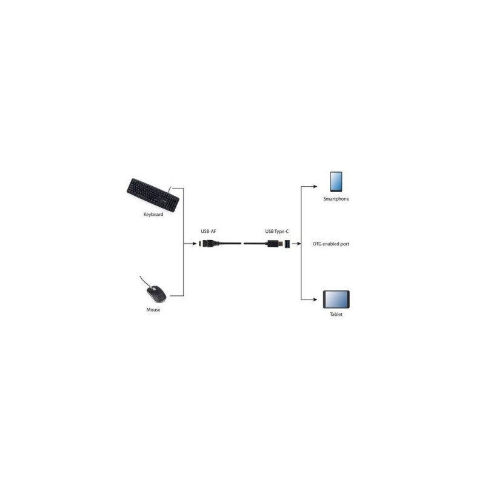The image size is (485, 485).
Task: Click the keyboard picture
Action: pyautogui.click(x=153, y=195)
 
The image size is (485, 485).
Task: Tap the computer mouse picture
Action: pyautogui.click(x=156, y=294)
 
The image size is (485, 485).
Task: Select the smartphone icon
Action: pyautogui.click(x=336, y=182)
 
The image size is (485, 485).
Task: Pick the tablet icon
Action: pyautogui.click(x=336, y=299)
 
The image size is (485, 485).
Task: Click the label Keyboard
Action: pyautogui.click(x=153, y=215)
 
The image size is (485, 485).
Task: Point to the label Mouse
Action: pyautogui.click(x=153, y=310)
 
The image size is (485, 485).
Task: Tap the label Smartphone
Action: pyautogui.click(x=336, y=199)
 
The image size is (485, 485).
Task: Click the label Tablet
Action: pyautogui.click(x=336, y=314)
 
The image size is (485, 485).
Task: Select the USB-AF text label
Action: pyautogui.click(x=208, y=232)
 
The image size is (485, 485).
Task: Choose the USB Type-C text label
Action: pyautogui.click(x=277, y=232)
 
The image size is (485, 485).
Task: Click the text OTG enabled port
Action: pyautogui.click(x=330, y=244)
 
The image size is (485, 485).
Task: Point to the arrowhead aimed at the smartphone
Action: pyautogui.click(x=315, y=187)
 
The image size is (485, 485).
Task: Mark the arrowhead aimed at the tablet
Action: pyautogui.click(x=315, y=299)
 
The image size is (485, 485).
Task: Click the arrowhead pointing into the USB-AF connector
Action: pyautogui.click(x=194, y=244)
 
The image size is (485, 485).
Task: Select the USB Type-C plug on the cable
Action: pyautogui.click(x=275, y=244)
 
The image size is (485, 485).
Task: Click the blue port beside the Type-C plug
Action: pyautogui.click(x=287, y=244)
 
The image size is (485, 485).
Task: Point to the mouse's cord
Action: pyautogui.click(x=145, y=281)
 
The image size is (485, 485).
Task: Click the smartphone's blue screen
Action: pyautogui.click(x=336, y=181)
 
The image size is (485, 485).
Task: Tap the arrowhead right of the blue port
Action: pyautogui.click(x=298, y=244)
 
